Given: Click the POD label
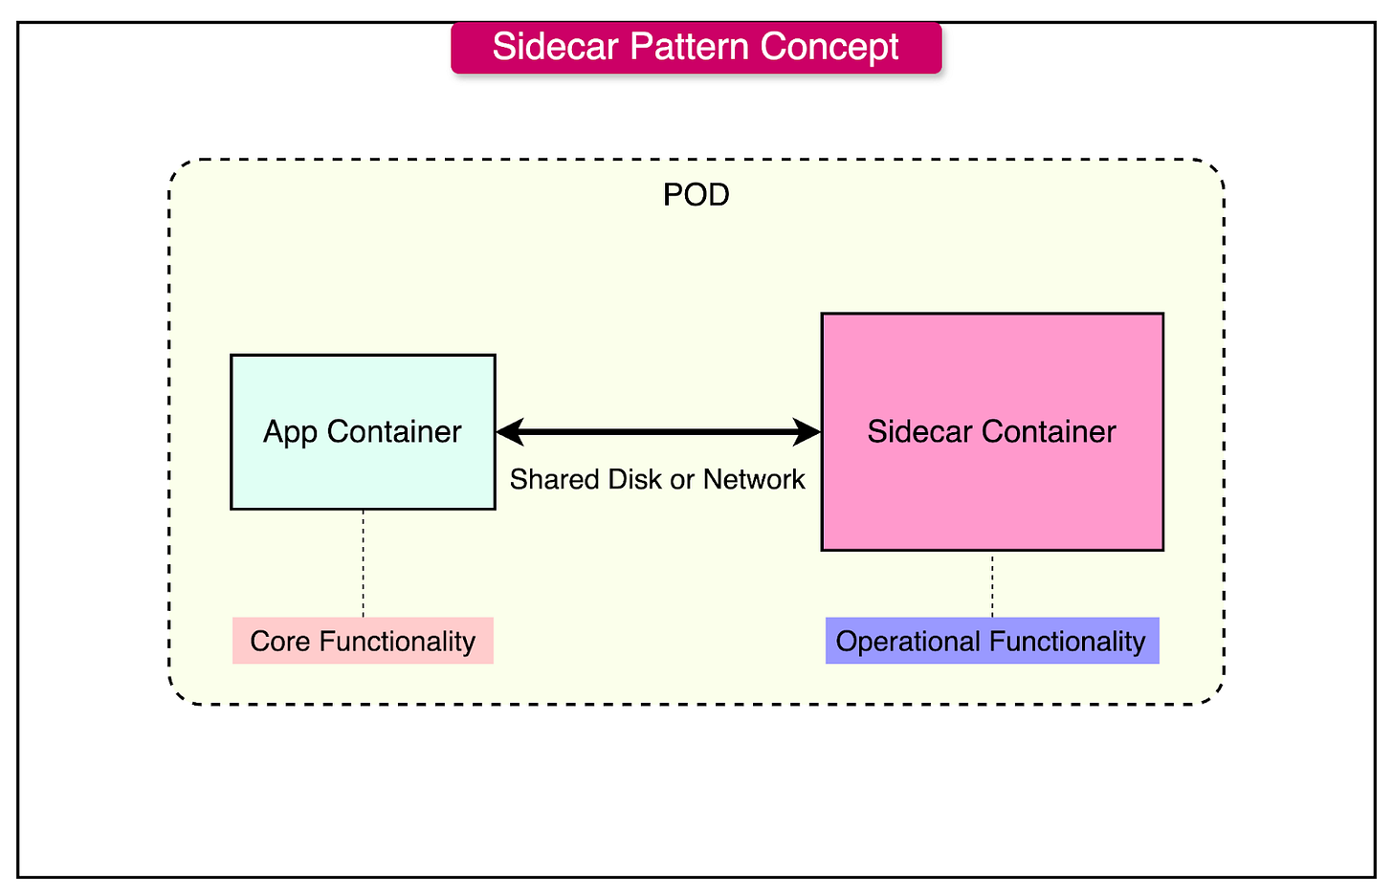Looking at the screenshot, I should point(696,195).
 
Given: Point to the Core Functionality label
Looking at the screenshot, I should point(363,641).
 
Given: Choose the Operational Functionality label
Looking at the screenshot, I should point(991,641).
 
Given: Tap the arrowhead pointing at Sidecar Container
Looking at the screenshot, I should point(807,432).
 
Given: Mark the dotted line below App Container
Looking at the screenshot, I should point(363,563).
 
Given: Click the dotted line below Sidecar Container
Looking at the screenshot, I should point(992,584).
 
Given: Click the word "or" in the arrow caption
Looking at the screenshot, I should point(682,479).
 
